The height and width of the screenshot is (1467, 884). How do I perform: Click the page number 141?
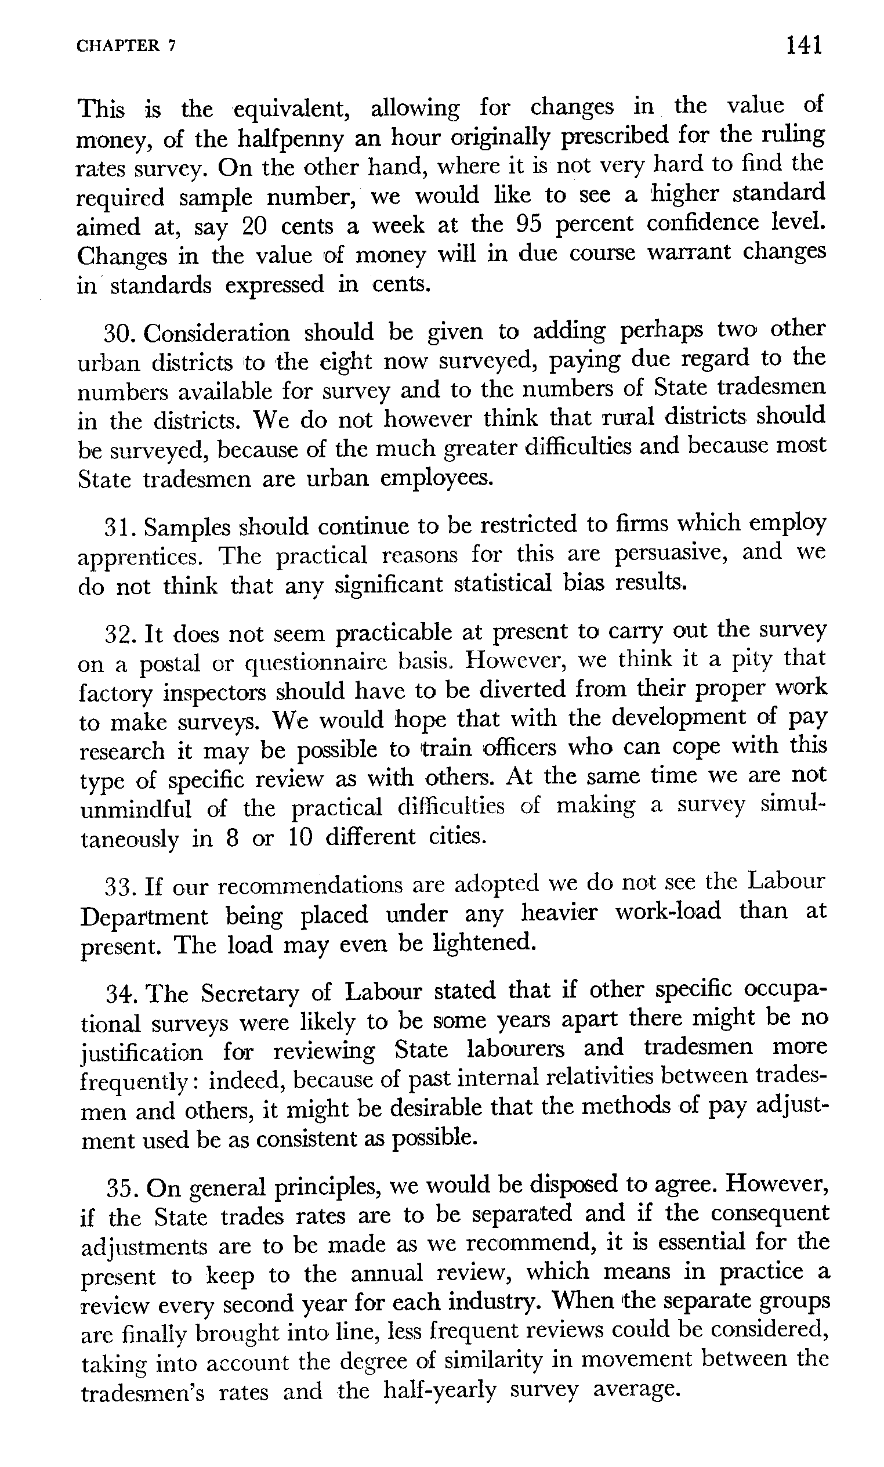pyautogui.click(x=803, y=45)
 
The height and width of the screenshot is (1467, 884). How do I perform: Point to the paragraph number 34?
pyautogui.click(x=122, y=993)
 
